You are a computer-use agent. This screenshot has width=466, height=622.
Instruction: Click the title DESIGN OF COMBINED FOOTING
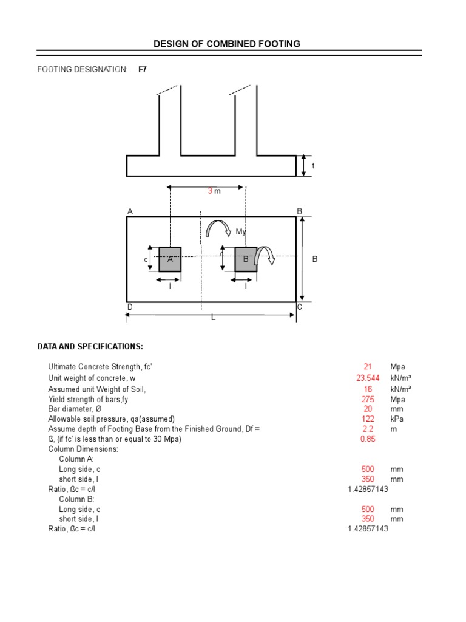pyautogui.click(x=226, y=44)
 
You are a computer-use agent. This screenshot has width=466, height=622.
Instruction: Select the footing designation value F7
pyautogui.click(x=143, y=69)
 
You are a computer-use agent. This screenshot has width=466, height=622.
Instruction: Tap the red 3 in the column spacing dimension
pyautogui.click(x=210, y=191)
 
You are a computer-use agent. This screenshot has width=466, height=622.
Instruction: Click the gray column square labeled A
pyautogui.click(x=170, y=259)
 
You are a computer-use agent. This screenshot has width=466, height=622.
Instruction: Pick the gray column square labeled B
pyautogui.click(x=245, y=259)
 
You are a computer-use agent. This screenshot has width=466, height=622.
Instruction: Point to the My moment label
pyautogui.click(x=241, y=232)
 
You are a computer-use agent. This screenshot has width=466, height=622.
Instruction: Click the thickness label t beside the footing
pyautogui.click(x=314, y=166)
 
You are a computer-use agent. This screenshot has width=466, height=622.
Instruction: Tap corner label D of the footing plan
pyautogui.click(x=130, y=307)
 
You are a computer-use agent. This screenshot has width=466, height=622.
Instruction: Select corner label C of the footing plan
pyautogui.click(x=299, y=307)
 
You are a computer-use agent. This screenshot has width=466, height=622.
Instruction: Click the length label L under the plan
pyautogui.click(x=213, y=318)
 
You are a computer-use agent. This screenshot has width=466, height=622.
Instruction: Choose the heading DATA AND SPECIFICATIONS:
pyautogui.click(x=90, y=347)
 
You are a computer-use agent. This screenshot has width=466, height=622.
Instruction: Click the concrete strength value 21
pyautogui.click(x=368, y=367)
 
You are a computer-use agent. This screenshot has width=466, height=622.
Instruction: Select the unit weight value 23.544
pyautogui.click(x=368, y=378)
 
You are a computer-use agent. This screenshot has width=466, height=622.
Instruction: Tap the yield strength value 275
pyautogui.click(x=368, y=399)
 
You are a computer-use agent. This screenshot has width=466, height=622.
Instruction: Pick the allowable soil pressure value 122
pyautogui.click(x=368, y=419)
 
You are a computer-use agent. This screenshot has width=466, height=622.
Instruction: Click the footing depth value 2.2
pyautogui.click(x=368, y=429)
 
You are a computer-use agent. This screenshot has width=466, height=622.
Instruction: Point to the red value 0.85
pyautogui.click(x=368, y=439)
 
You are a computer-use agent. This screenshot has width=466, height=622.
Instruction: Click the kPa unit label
pyautogui.click(x=397, y=419)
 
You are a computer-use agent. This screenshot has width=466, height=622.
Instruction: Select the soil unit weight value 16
pyautogui.click(x=368, y=389)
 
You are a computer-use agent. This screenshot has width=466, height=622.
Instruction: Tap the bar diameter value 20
pyautogui.click(x=368, y=409)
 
